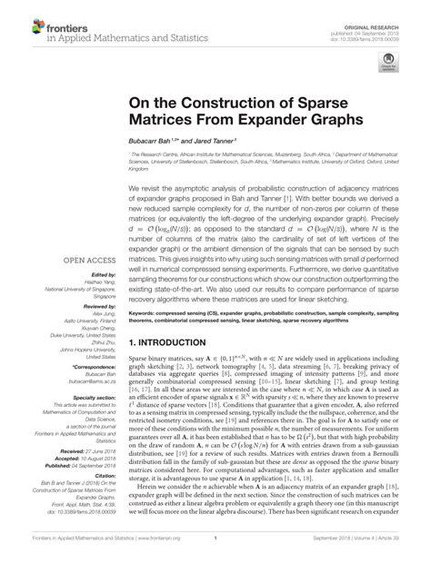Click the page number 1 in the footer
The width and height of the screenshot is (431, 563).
(215, 549)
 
